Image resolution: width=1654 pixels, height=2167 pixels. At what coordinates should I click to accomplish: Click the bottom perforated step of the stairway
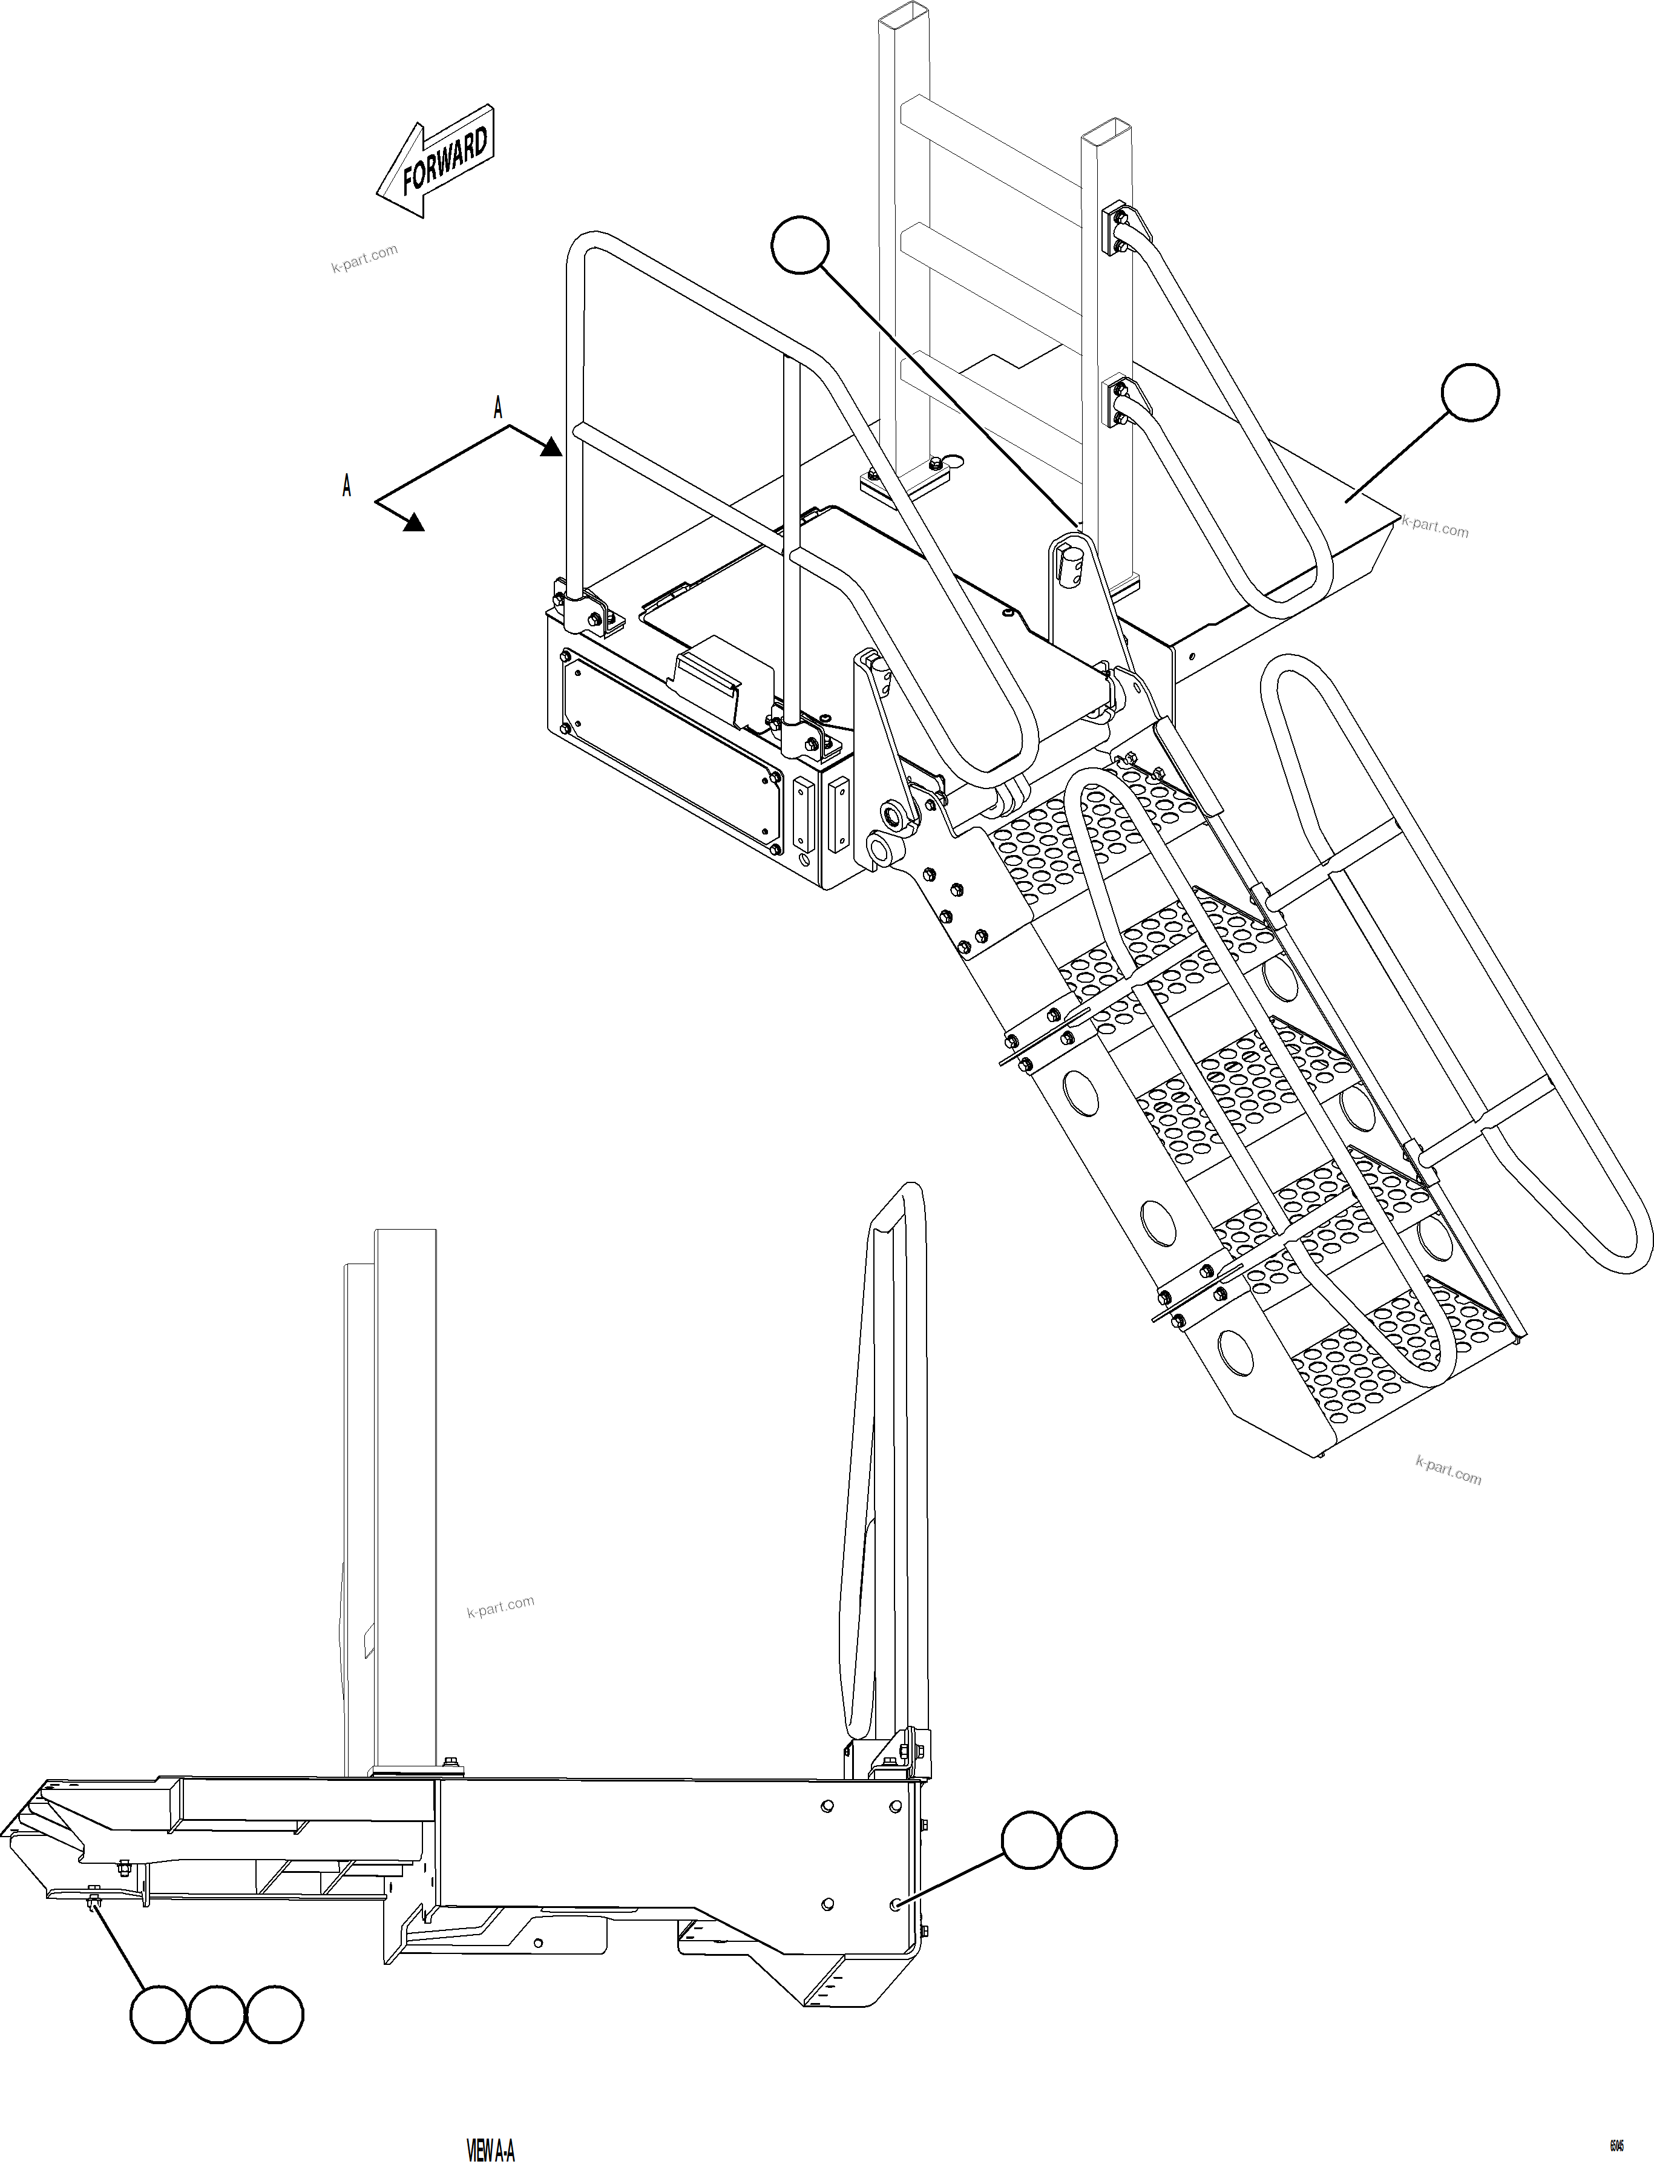(1398, 1369)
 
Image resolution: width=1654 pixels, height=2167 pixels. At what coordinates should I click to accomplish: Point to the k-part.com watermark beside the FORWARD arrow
(364, 258)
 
